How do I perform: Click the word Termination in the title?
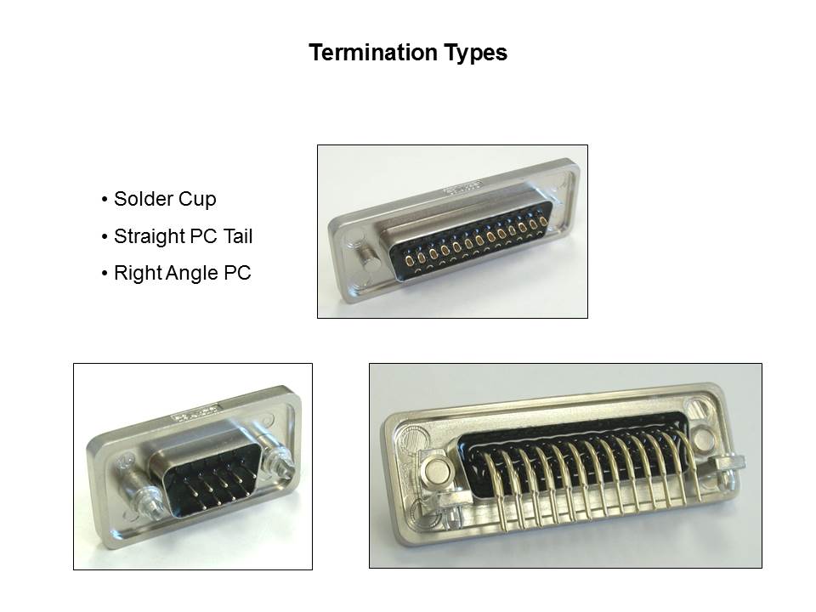pos(373,53)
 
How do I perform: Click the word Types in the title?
pos(476,54)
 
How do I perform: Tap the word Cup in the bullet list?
pos(197,200)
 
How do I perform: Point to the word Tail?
pos(238,236)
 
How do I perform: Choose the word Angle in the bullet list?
pos(192,274)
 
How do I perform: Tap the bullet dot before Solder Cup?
pos(105,199)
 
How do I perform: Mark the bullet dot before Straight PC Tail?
pos(105,237)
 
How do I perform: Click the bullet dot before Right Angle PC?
pos(105,273)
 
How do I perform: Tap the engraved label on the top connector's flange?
pos(462,187)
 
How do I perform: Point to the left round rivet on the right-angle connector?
pos(436,471)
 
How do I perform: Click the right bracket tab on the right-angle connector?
pos(729,462)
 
